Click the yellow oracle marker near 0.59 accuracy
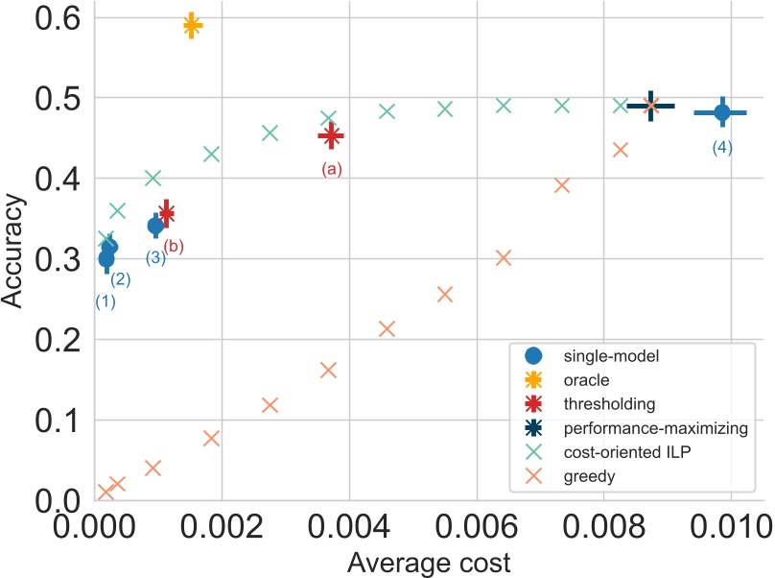tap(192, 26)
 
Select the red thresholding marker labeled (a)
tap(331, 136)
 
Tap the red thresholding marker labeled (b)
tap(166, 213)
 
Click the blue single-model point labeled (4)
tap(722, 113)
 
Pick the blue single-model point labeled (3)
tap(155, 226)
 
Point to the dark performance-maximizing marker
tap(651, 106)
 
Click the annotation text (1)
tap(106, 301)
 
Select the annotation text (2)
tap(121, 280)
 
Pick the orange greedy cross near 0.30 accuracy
tap(503, 257)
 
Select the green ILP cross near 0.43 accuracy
tap(212, 154)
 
